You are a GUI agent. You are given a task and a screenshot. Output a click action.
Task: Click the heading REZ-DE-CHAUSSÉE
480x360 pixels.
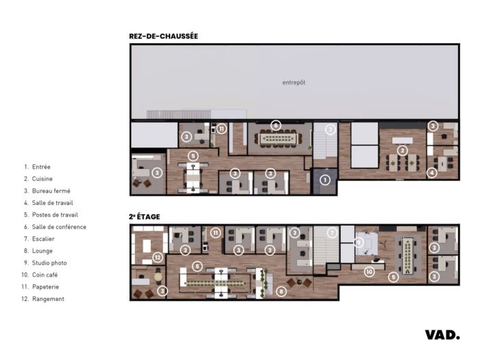(163, 36)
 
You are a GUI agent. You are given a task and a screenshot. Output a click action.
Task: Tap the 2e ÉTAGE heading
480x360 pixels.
(145, 217)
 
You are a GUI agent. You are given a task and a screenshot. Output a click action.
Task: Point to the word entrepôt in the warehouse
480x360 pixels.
(294, 82)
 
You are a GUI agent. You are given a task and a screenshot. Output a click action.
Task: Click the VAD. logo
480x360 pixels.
(442, 335)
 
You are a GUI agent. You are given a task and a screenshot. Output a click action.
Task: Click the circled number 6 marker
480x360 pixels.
(276, 125)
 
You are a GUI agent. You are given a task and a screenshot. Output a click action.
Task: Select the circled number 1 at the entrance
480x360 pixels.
(325, 180)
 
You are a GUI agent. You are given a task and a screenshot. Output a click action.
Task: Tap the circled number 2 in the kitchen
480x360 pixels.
(403, 151)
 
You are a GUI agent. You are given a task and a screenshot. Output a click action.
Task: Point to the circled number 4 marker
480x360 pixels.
(432, 173)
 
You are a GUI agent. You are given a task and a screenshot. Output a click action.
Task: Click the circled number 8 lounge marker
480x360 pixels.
(281, 291)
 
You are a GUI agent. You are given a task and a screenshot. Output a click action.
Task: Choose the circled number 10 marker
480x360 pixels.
(370, 272)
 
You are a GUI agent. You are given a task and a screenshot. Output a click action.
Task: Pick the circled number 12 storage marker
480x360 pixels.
(158, 257)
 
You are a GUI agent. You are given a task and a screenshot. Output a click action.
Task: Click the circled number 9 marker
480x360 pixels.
(359, 243)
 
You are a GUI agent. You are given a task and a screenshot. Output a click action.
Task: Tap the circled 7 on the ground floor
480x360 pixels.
(331, 130)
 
